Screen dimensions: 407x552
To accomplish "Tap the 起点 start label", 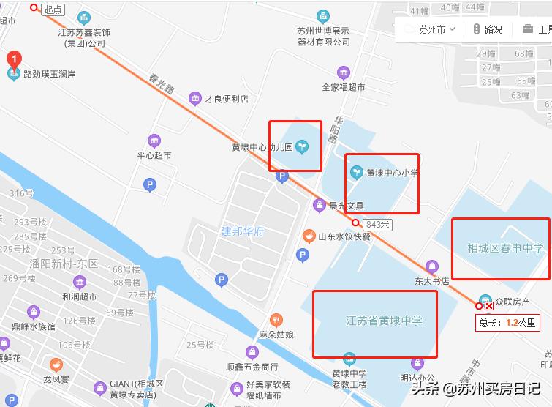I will click(53, 10).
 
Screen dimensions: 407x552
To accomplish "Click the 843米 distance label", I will click(378, 224).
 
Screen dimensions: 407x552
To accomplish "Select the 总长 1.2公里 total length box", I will click(507, 321).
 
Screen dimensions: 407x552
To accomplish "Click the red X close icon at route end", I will click(489, 307).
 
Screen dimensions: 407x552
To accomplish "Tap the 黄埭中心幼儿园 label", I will click(262, 147).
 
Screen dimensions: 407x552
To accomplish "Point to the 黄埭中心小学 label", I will click(392, 173).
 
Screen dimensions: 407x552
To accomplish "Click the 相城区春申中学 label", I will click(505, 248).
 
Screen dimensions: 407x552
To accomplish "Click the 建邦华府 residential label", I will click(243, 231).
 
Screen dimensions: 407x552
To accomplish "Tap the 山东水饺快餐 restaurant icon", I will click(309, 236).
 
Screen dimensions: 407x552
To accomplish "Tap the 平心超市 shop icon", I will click(154, 141).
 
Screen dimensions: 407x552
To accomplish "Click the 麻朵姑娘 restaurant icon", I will click(276, 320).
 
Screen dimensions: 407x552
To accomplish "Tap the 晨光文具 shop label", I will click(346, 206).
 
